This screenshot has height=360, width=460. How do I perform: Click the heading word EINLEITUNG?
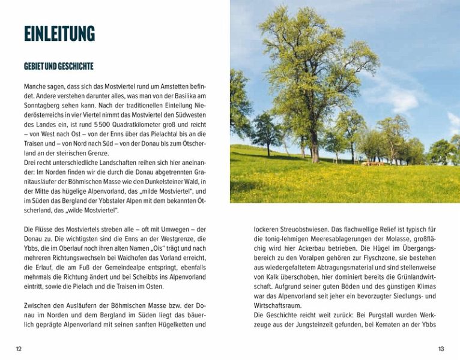pos(59,34)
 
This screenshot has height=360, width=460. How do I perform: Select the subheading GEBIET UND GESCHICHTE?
pos(58,66)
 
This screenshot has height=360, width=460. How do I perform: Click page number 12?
pos(19,349)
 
